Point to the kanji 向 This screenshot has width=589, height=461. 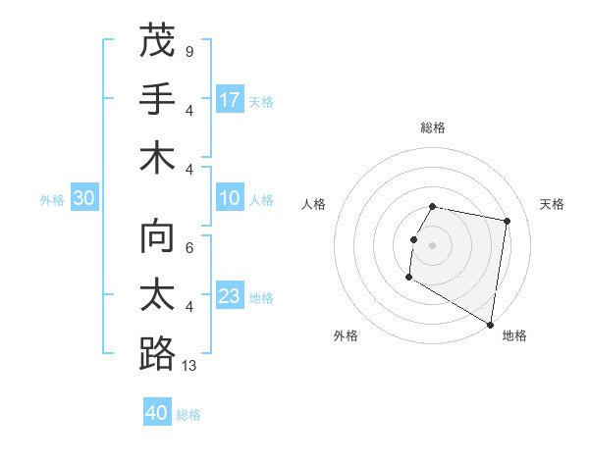click(157, 238)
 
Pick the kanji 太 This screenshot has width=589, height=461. click(157, 296)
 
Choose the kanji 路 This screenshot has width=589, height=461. click(157, 354)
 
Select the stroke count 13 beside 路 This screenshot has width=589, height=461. click(190, 366)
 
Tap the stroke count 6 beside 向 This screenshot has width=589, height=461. click(188, 249)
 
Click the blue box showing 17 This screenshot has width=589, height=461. click(230, 100)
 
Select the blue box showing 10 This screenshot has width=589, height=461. click(230, 199)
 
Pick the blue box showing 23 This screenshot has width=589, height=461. click(230, 296)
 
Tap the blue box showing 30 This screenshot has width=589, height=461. click(83, 199)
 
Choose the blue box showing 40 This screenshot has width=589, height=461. click(157, 413)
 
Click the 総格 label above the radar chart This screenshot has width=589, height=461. click(433, 127)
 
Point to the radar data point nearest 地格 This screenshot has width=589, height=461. click(491, 325)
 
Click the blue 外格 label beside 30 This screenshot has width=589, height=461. click(52, 200)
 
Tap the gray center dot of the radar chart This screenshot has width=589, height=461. click(432, 245)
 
